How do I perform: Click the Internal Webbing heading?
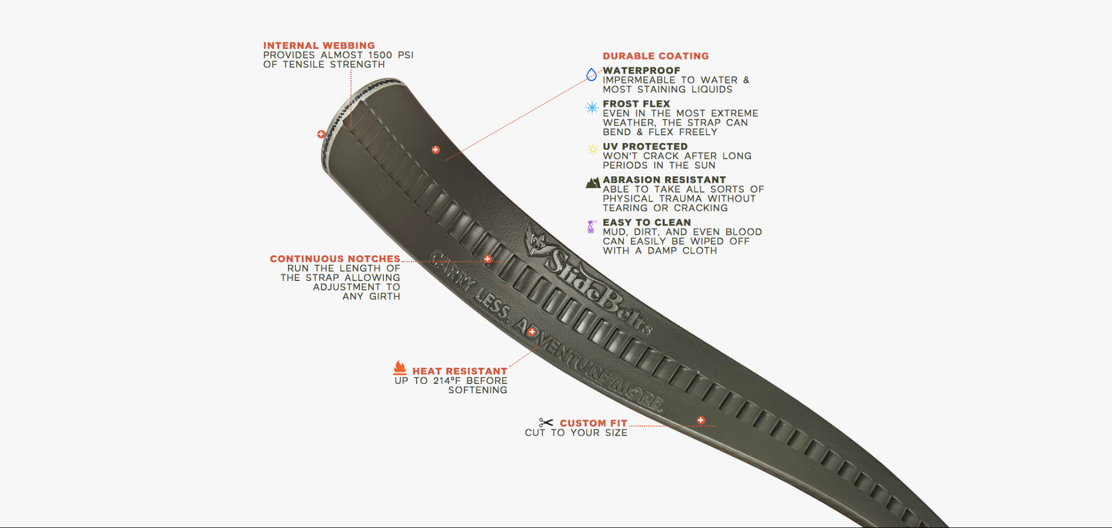click(319, 46)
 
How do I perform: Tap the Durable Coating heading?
click(655, 56)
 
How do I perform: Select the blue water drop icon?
click(591, 74)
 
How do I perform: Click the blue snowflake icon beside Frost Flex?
click(592, 107)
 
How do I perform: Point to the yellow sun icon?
click(593, 149)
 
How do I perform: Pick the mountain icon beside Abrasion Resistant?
click(593, 182)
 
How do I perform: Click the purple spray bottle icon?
click(591, 226)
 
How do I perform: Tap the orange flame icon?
click(400, 368)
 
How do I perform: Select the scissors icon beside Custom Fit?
click(546, 423)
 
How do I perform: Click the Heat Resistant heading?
click(459, 371)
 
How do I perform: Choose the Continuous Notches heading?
click(335, 259)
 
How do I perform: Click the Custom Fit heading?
click(593, 423)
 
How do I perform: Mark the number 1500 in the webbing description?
click(380, 55)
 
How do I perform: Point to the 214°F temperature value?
click(447, 381)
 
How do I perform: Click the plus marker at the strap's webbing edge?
click(321, 134)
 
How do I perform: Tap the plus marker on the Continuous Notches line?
click(487, 259)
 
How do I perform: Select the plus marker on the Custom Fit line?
click(701, 420)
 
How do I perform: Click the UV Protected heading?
click(645, 146)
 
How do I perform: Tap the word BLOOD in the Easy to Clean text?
click(743, 232)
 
